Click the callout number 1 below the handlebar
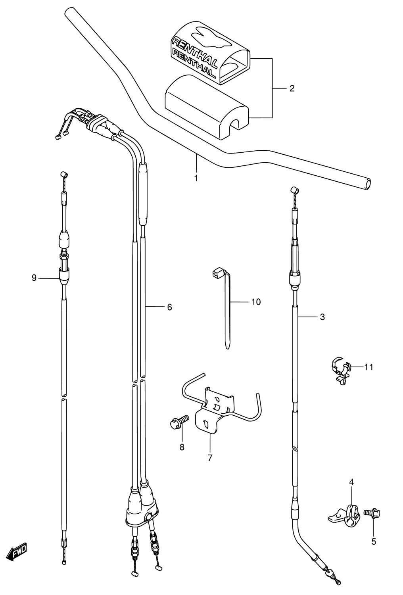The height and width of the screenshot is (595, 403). click(x=196, y=178)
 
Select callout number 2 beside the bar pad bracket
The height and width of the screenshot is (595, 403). click(x=292, y=88)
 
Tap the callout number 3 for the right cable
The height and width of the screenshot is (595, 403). click(x=322, y=317)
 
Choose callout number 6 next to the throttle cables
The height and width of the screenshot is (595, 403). click(x=169, y=307)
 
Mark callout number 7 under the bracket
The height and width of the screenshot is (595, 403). click(x=210, y=458)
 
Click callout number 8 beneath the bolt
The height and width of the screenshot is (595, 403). click(x=182, y=447)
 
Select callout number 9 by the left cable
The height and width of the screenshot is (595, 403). click(x=34, y=278)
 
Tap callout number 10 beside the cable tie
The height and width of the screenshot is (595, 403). click(x=256, y=302)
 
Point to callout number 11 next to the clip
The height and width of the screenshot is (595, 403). click(x=369, y=367)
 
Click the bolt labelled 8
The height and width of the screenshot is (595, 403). click(x=179, y=422)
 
